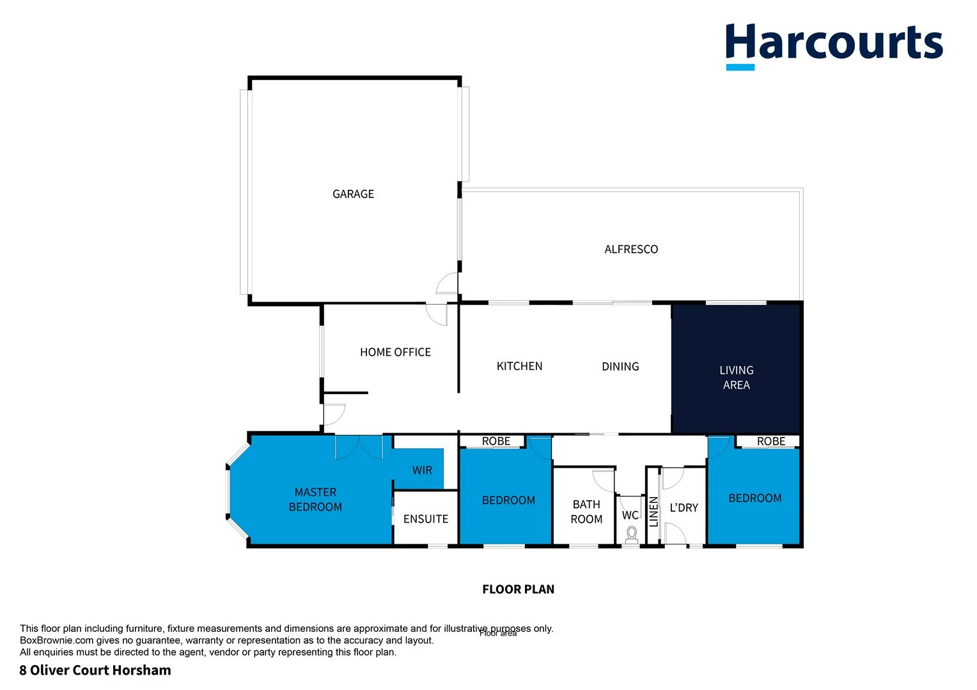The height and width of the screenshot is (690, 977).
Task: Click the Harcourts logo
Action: [833, 45]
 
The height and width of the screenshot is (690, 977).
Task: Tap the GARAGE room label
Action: [353, 194]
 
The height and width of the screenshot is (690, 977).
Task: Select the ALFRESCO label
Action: [631, 249]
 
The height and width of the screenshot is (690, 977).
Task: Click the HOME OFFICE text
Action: [395, 352]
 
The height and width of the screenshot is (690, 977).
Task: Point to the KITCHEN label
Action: [519, 366]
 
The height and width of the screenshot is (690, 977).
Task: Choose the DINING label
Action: [620, 367]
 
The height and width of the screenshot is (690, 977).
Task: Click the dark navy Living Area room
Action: [736, 378]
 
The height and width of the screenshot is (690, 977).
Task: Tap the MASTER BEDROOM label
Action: [315, 500]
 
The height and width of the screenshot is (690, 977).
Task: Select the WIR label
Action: [422, 470]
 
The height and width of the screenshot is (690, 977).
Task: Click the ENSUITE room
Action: [426, 519]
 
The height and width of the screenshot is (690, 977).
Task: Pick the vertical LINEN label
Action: [653, 511]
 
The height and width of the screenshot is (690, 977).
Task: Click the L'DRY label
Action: [684, 508]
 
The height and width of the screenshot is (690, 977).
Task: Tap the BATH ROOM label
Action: [586, 512]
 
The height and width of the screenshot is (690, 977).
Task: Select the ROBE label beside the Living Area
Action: [770, 441]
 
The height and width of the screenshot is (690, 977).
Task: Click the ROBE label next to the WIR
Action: [496, 441]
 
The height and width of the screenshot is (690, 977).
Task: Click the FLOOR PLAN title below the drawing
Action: [518, 589]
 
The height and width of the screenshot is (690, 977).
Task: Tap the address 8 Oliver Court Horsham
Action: [95, 670]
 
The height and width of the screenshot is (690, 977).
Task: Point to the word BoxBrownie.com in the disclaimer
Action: [57, 640]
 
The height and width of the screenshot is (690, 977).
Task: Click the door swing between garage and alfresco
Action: [448, 283]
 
